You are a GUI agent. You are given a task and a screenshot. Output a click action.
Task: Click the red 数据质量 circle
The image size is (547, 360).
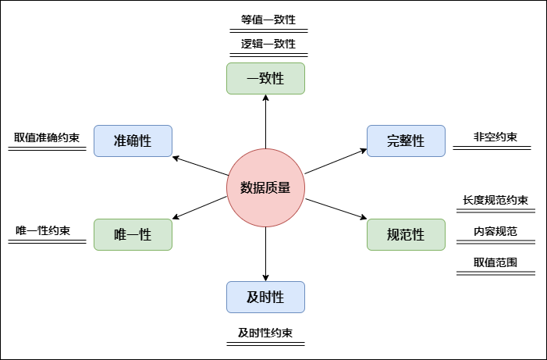265,187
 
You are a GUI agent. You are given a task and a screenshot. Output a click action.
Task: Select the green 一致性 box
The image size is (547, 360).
265,78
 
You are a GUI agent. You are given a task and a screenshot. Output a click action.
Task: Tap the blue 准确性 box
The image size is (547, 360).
133,141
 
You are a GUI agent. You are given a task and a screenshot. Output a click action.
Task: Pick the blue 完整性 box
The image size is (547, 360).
406,141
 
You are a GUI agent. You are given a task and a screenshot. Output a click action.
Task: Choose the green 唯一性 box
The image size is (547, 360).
133,234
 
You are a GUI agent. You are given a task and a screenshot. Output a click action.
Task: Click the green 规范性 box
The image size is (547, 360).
406,234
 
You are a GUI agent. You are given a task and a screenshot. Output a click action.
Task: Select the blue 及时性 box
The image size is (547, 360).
265,297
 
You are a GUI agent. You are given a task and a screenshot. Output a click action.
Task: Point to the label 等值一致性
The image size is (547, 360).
268,20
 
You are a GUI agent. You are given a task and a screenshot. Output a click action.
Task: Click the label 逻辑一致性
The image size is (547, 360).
268,44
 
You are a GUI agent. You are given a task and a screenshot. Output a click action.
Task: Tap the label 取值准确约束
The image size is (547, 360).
47,137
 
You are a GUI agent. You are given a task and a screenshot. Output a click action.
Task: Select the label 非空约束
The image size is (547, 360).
495,137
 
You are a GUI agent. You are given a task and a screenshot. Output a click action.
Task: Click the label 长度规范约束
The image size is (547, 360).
495,200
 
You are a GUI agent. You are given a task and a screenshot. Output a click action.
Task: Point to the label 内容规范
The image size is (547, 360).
495,231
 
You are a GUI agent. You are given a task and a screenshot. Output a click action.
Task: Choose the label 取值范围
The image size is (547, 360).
495,262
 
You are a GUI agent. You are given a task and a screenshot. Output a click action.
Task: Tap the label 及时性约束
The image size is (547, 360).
265,333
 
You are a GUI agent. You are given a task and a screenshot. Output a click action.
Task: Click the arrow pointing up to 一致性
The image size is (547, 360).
265,121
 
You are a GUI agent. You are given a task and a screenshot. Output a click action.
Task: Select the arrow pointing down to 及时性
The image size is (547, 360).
265,254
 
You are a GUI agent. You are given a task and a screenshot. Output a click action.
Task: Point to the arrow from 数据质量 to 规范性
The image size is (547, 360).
335,209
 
